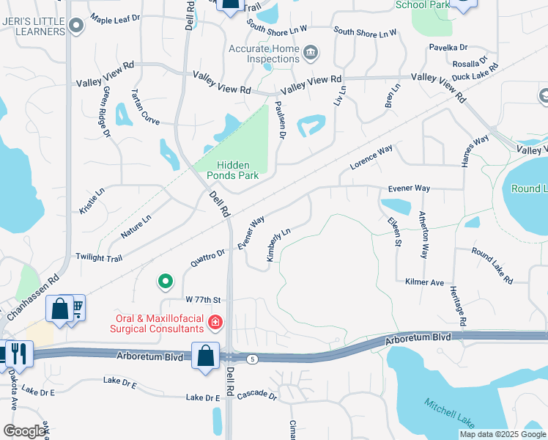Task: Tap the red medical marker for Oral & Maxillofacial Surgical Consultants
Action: [215, 322]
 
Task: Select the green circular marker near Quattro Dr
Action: [166, 281]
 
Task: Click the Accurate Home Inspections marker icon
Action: [311, 51]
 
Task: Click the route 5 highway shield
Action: [253, 359]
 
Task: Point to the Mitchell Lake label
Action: [450, 412]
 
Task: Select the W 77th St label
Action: [203, 300]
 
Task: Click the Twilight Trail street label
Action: [99, 257]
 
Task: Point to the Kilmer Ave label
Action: [425, 282]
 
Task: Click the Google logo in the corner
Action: [24, 431]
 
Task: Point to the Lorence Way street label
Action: [371, 158]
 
